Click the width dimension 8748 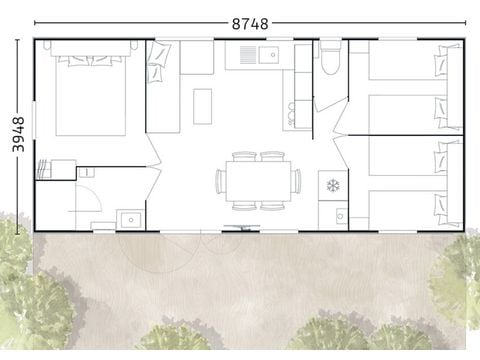click(250, 24)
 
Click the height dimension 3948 click(18, 134)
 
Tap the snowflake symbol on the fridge click(333, 185)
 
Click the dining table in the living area click(258, 181)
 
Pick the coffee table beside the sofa click(202, 107)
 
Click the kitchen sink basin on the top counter click(269, 55)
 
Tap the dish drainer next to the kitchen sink click(248, 55)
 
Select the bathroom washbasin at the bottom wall click(130, 220)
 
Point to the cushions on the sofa click(158, 62)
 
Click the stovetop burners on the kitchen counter click(292, 115)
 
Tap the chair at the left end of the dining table click(220, 181)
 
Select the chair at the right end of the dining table click(296, 181)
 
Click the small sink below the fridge click(340, 216)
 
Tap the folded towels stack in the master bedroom click(43, 169)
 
